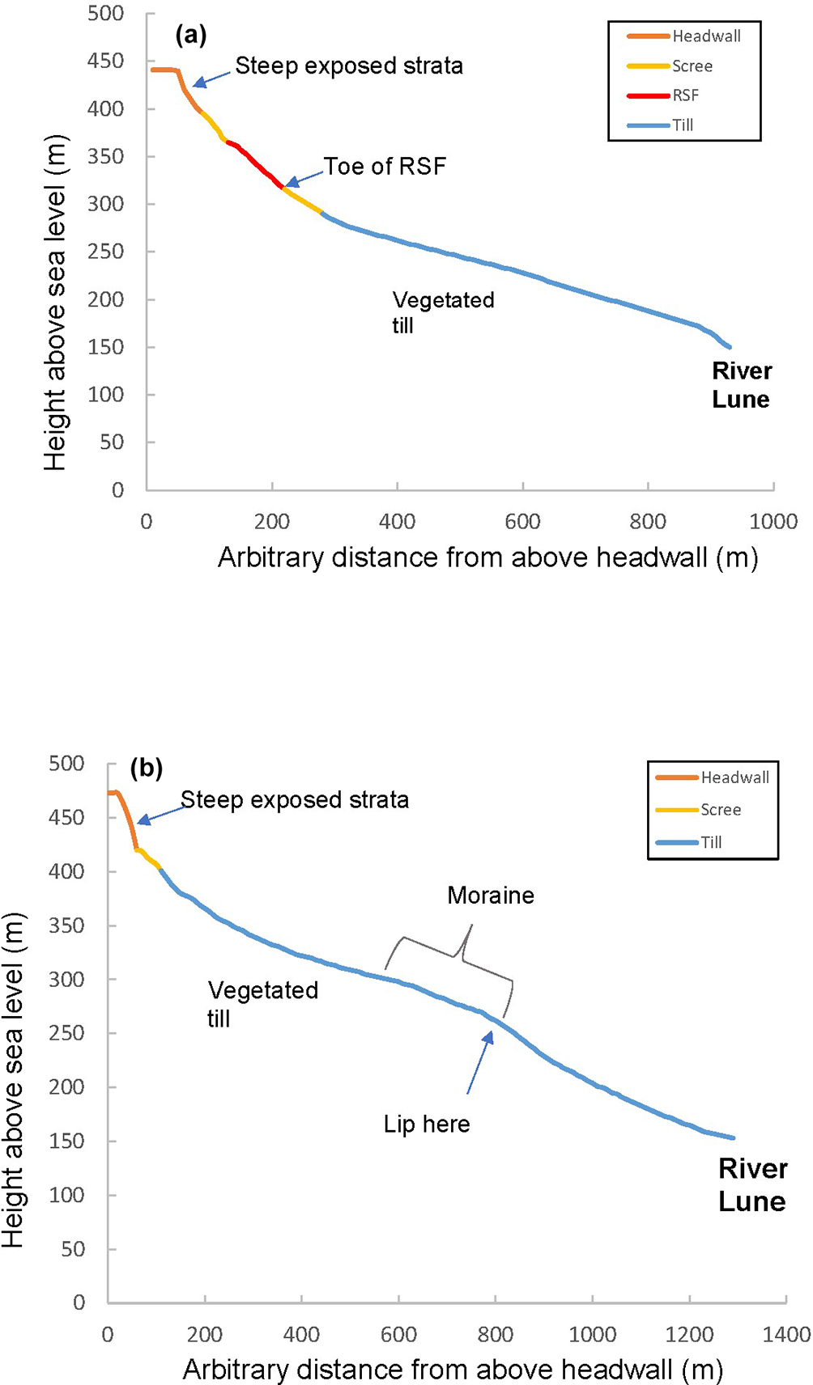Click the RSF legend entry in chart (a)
pos(685,95)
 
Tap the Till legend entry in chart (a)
pos(683,125)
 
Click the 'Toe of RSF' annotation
pos(385,167)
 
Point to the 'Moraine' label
pos(491,896)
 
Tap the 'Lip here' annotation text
pos(427,1125)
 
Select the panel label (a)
pos(191,35)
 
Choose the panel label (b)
pos(147,768)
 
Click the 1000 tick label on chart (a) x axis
pos(773,522)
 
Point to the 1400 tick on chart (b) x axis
pos(786,1334)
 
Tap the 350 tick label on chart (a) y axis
pos(106,156)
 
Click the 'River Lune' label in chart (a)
pos(741,385)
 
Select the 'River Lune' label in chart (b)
pos(752,1185)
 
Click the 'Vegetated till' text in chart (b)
pos(262,1004)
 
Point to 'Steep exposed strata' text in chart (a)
pos(349,66)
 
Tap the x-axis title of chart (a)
pos(487,558)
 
